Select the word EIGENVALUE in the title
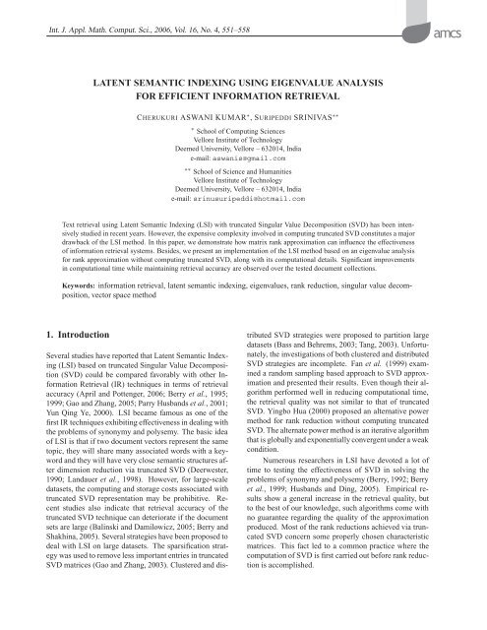point(330,82)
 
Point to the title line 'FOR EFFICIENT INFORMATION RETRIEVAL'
point(244,98)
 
